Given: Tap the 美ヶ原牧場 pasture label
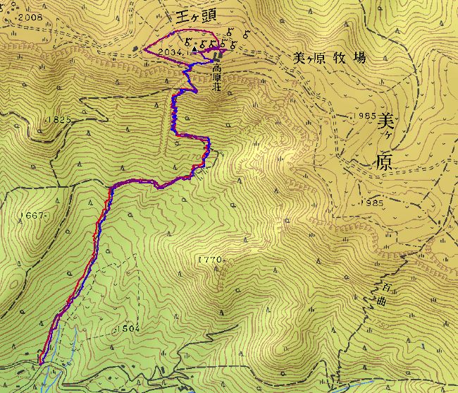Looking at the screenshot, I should (330, 59).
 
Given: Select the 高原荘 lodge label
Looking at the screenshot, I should (218, 79).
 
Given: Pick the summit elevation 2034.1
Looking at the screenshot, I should (171, 52).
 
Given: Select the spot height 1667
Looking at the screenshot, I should (32, 215).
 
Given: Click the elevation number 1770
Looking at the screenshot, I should (211, 260).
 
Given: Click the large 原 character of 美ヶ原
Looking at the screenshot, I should (384, 162).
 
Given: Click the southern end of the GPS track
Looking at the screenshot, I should (40, 363).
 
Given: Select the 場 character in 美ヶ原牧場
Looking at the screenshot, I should (359, 59).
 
